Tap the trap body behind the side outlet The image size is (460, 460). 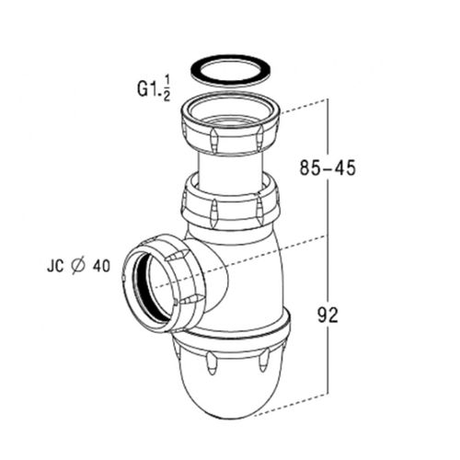point(244,276)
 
